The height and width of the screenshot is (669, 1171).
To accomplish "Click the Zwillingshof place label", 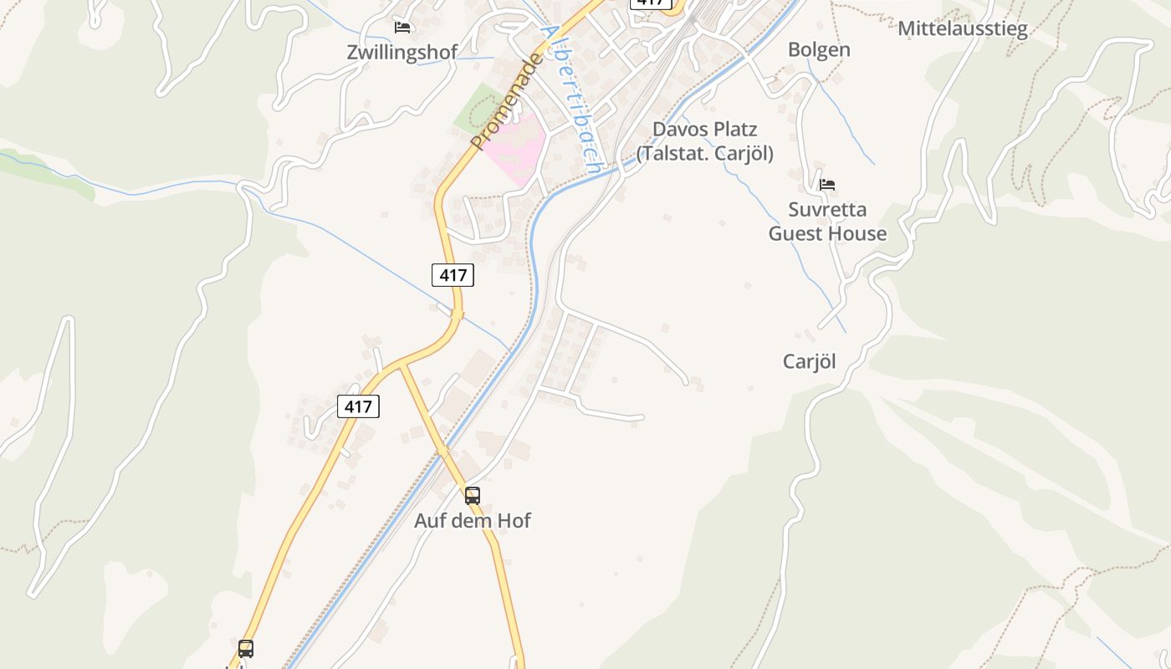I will (402, 53).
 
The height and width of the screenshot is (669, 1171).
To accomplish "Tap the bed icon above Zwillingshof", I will (402, 28).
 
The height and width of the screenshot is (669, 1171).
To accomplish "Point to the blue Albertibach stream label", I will (570, 98).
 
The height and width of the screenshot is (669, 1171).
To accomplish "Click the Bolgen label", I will (819, 50).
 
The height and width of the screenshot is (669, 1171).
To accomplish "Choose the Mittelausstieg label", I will (962, 29).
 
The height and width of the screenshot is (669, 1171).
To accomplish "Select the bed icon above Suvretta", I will (827, 184).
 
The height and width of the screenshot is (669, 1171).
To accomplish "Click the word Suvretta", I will (827, 209).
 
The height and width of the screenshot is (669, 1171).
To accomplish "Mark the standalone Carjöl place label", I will (809, 361).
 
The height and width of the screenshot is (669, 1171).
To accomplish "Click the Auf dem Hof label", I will (473, 521).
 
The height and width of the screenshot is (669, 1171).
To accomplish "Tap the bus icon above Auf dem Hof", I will (473, 496).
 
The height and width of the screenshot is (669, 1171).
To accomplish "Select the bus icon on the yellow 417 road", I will (246, 648).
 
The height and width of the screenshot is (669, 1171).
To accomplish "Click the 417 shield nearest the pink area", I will (453, 274).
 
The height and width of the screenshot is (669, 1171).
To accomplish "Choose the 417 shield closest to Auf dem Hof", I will (358, 406).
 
